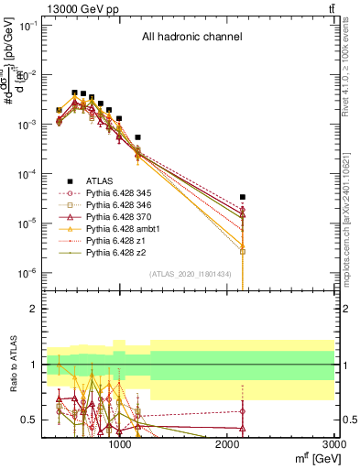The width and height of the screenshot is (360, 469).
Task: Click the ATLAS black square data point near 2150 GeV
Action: pyautogui.click(x=243, y=197)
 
